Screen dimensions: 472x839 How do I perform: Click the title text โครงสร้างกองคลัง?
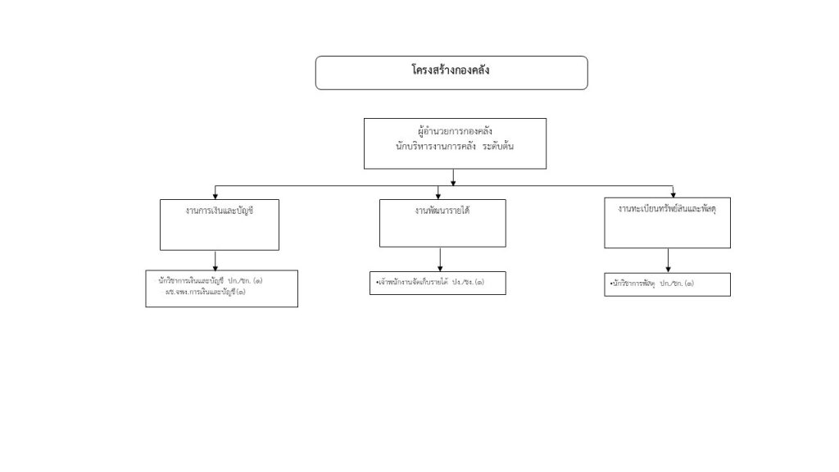(x=451, y=71)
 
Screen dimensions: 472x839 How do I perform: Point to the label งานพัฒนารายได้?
(x=442, y=211)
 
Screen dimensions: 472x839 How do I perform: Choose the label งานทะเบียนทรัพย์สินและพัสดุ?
(x=668, y=209)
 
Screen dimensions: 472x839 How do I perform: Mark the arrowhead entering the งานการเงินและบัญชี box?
(x=215, y=196)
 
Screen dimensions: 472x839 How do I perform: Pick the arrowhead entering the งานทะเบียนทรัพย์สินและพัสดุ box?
(x=672, y=193)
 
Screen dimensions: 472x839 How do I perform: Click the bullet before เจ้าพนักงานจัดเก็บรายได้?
(x=370, y=283)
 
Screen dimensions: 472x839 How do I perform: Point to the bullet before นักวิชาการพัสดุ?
(x=610, y=284)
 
